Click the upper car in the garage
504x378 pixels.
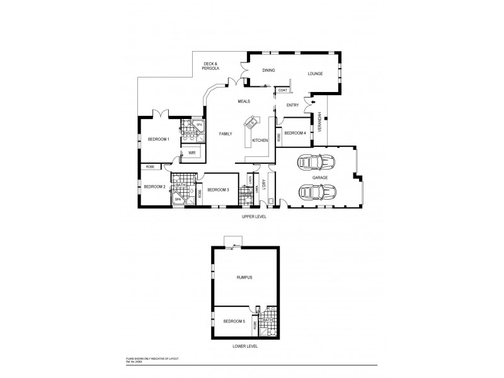click(x=316, y=163)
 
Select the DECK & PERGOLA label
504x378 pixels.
click(x=211, y=66)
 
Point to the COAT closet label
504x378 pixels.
click(x=282, y=91)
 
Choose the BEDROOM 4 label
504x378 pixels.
click(x=295, y=134)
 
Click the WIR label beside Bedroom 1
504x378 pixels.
click(x=192, y=152)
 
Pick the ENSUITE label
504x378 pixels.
click(x=188, y=133)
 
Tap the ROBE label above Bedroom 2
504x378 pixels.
click(x=150, y=167)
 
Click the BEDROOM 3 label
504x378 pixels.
click(x=218, y=190)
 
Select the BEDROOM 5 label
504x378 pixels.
click(x=234, y=322)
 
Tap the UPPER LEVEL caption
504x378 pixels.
click(x=254, y=216)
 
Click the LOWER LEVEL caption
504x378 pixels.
click(x=246, y=346)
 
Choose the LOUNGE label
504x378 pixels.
click(x=315, y=74)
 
